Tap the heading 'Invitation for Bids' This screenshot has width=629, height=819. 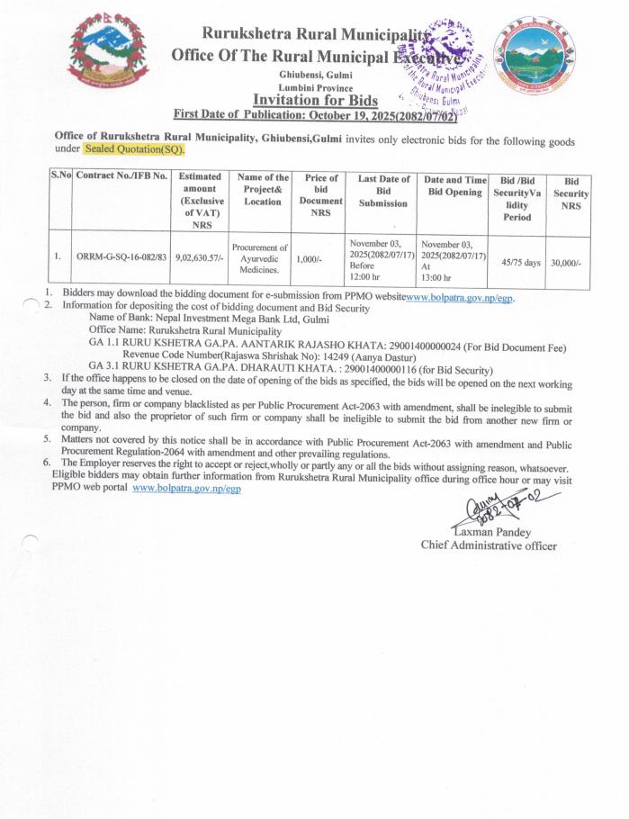point(315,100)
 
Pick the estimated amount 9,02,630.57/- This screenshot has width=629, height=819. point(201,257)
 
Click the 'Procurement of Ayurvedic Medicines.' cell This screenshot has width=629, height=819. point(259,257)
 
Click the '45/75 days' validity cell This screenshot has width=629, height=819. point(520,262)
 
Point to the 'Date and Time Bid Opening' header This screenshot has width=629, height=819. point(454,186)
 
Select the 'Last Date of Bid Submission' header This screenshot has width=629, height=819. point(383,191)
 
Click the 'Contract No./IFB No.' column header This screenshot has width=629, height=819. point(121,176)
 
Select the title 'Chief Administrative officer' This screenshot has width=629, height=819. point(489,545)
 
